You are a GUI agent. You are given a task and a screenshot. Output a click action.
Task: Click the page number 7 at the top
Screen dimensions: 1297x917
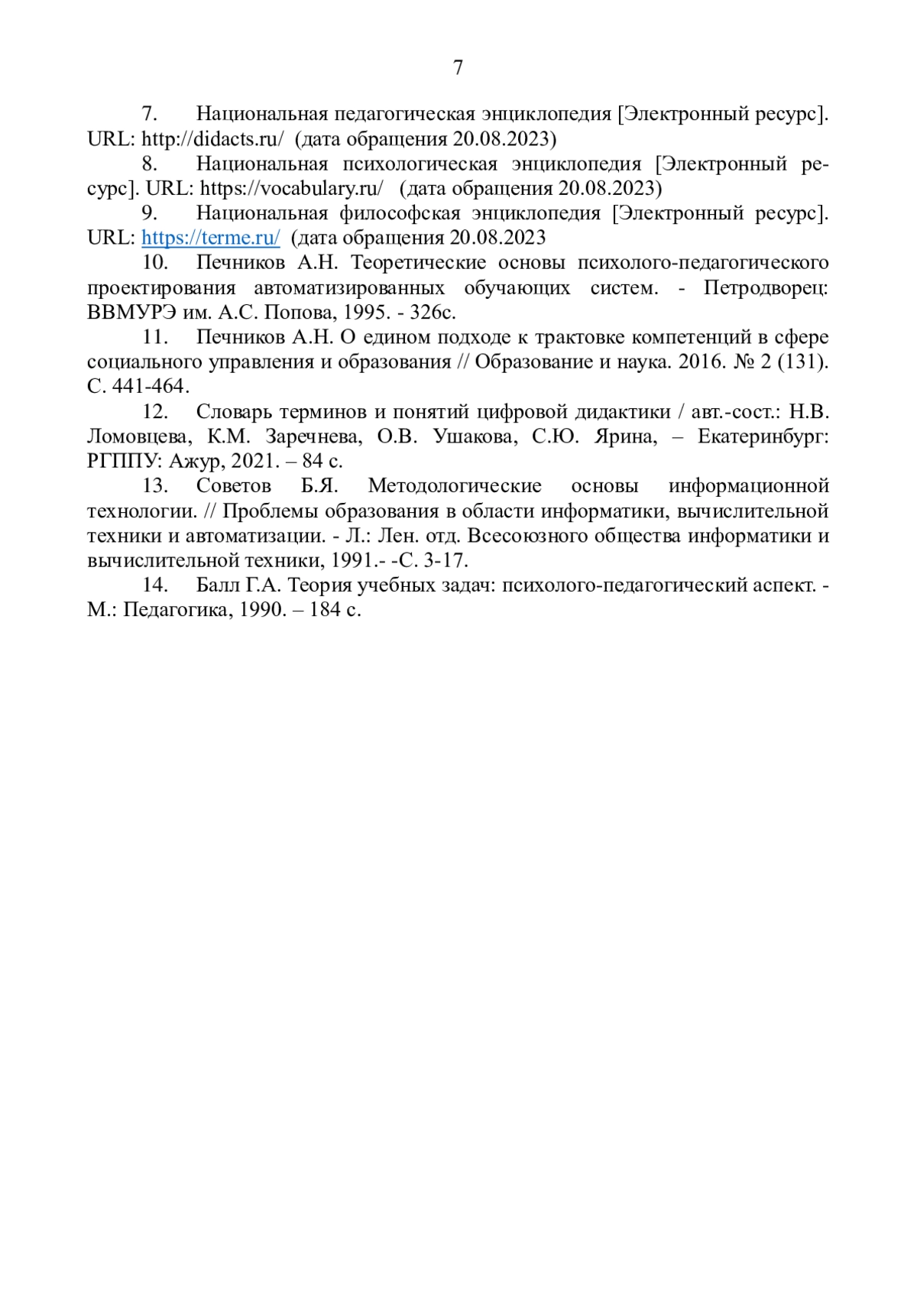pyautogui.click(x=458, y=68)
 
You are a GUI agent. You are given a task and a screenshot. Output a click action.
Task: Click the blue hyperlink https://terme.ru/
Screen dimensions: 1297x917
pyautogui.click(x=210, y=238)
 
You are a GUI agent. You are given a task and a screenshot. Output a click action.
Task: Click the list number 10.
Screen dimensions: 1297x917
pyautogui.click(x=155, y=263)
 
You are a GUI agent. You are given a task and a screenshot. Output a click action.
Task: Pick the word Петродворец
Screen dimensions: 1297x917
pyautogui.click(x=766, y=288)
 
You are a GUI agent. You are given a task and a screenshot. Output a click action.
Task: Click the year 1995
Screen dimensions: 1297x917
pyautogui.click(x=362, y=313)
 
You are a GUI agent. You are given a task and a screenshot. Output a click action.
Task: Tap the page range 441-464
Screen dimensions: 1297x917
pyautogui.click(x=148, y=387)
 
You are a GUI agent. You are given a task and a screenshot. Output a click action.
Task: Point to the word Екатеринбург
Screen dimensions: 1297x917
pyautogui.click(x=763, y=436)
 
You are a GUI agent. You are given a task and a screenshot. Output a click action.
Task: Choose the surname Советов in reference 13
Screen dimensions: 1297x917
pyautogui.click(x=233, y=486)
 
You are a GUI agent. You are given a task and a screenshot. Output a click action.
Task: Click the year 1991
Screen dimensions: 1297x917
pyautogui.click(x=354, y=560)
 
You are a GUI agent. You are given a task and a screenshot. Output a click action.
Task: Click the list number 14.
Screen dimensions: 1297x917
pyautogui.click(x=155, y=585)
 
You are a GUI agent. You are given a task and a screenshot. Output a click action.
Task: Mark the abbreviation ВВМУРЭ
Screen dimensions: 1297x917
pyautogui.click(x=131, y=313)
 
